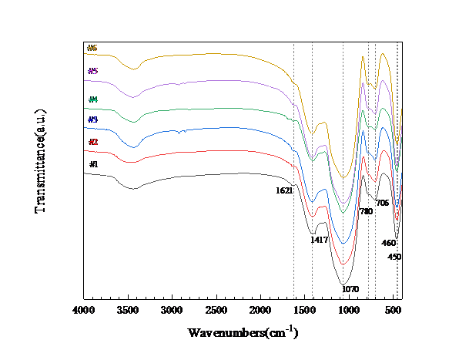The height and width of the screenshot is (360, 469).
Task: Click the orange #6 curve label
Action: tap(92, 49)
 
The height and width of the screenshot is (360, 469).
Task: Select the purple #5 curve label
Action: tap(92, 71)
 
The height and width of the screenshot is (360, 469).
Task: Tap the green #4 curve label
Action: tap(92, 100)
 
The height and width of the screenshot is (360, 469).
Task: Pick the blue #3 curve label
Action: tap(92, 120)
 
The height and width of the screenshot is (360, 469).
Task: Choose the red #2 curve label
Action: tap(93, 143)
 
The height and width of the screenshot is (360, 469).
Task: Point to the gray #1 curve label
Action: tap(93, 164)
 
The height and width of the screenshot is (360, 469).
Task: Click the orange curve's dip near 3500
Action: tap(134, 69)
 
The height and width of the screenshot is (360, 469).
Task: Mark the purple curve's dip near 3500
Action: tap(134, 96)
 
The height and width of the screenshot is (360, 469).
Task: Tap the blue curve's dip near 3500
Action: tap(133, 146)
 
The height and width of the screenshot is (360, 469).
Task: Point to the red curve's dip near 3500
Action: tap(132, 163)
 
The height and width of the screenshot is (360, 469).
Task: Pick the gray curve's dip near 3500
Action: tap(132, 188)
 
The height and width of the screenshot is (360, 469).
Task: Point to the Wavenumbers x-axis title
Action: tap(243, 332)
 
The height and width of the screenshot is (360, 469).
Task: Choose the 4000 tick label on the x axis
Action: tap(83, 310)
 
